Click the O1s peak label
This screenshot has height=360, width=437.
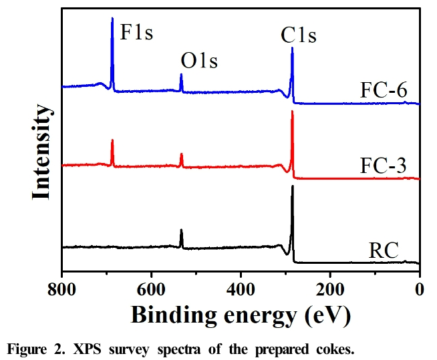point(199,63)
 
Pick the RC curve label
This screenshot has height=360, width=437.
point(384,251)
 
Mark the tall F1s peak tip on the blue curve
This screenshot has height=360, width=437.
point(112,19)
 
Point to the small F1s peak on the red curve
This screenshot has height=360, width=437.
point(112,140)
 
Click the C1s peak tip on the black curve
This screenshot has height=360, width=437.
point(292,186)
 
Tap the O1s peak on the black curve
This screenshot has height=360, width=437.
point(181,230)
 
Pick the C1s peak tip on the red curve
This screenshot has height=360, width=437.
point(292,112)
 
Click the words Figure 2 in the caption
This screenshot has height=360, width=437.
point(32,347)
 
